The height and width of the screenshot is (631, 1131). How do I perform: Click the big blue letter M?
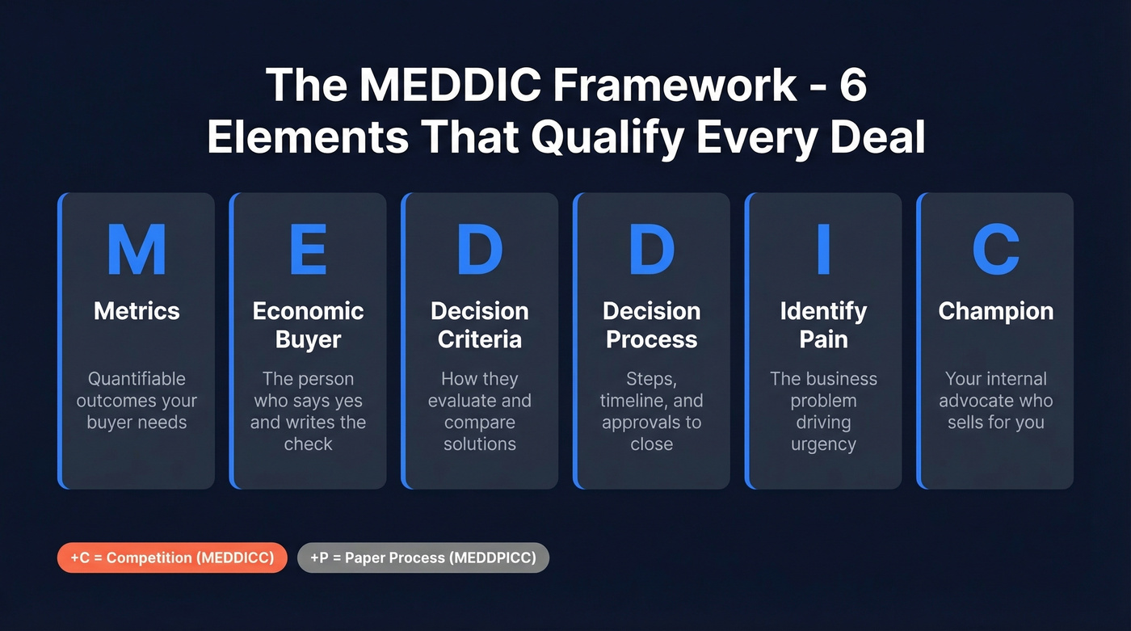137,250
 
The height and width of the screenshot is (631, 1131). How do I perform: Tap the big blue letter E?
308,250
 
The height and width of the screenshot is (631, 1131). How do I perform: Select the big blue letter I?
823,250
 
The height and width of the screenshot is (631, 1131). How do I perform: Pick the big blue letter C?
995,250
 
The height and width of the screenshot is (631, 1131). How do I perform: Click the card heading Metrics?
137,311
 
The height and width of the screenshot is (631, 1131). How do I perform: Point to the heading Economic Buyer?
308,325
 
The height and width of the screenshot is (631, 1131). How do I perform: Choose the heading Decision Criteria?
480,325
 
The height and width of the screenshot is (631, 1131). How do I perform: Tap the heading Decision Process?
651,325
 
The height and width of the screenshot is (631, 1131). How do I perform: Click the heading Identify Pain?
823,325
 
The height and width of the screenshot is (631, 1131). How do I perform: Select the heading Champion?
995,311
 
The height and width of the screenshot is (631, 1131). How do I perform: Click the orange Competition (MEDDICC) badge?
172,557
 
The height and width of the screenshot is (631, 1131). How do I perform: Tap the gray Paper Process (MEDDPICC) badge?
423,557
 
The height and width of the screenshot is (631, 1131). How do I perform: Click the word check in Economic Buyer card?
308,444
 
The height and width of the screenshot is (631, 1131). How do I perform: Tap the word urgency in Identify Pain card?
823,444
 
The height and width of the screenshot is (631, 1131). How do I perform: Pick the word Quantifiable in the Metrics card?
137,379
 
